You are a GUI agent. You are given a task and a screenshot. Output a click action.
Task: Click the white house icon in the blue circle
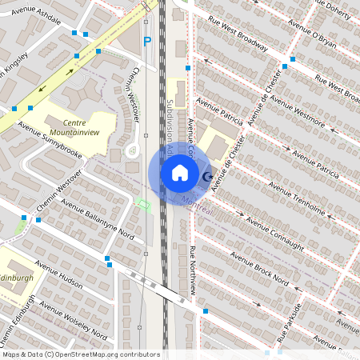[x=180, y=173]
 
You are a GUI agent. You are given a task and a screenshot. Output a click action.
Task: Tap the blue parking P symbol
[x=146, y=41]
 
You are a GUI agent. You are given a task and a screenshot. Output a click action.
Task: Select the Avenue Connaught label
[x=277, y=231]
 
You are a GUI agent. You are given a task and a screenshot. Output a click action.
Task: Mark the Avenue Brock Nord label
[x=258, y=267]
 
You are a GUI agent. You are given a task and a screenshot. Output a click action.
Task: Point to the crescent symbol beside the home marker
[x=207, y=176]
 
